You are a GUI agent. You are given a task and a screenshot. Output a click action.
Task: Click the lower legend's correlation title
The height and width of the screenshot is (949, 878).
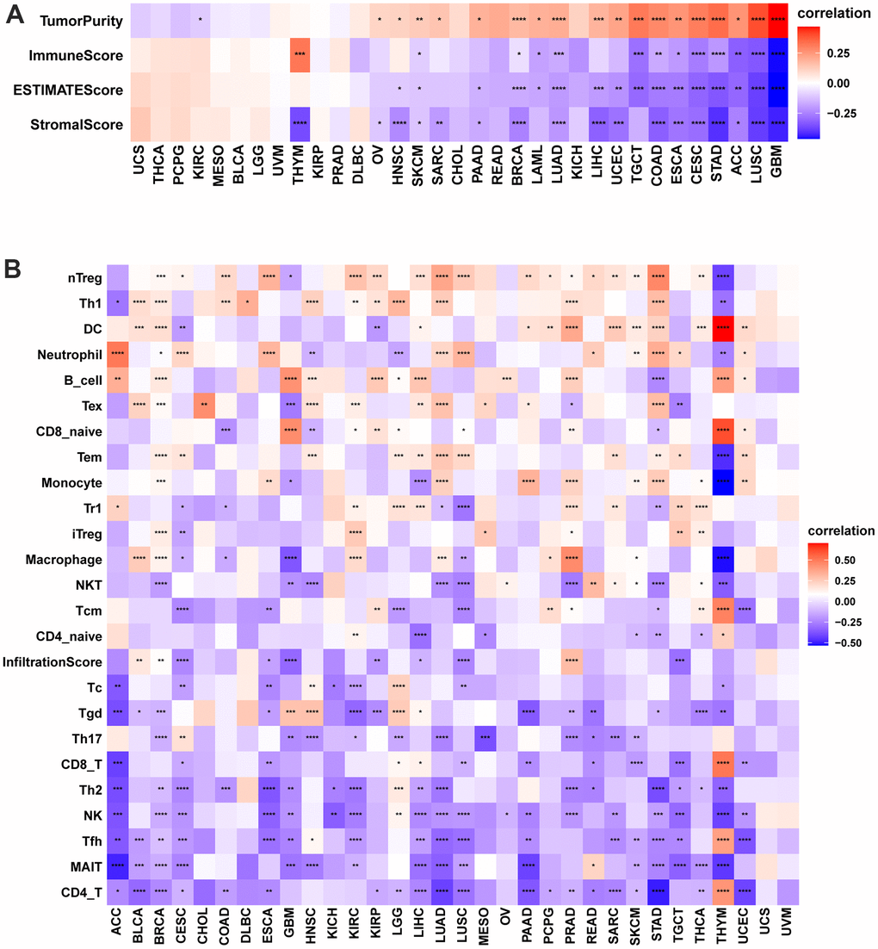[835, 530]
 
